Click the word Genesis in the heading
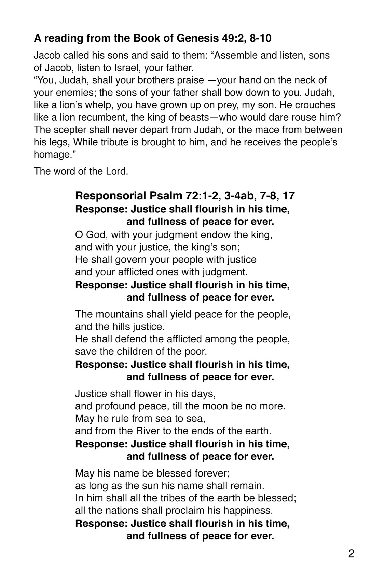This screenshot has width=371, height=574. [197, 38]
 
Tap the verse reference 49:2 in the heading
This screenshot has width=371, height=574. [233, 38]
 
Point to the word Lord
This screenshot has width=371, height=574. [116, 171]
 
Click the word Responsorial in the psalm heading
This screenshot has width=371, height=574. [111, 196]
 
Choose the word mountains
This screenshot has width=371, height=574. [118, 314]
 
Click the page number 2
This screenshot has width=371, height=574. [351, 553]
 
